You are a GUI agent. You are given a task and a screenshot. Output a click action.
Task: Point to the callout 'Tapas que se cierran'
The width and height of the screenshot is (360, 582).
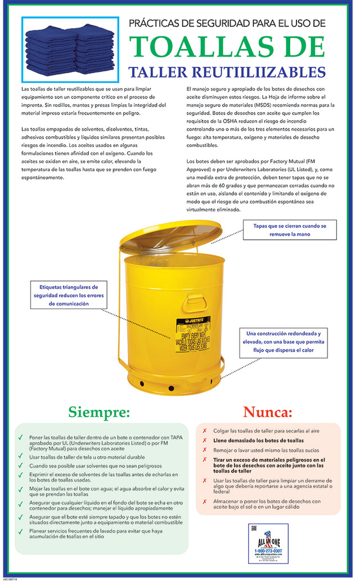coord(290,230)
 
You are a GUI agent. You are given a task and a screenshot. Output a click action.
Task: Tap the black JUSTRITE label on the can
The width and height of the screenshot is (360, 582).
coord(193,321)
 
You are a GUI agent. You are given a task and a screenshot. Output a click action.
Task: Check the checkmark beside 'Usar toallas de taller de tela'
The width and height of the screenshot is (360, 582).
coord(21,457)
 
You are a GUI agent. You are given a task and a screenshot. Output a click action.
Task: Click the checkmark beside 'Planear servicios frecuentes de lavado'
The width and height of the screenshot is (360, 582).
coord(21,530)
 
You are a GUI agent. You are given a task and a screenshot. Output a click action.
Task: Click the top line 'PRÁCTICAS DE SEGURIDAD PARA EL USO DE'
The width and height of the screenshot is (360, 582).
coord(227,23)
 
